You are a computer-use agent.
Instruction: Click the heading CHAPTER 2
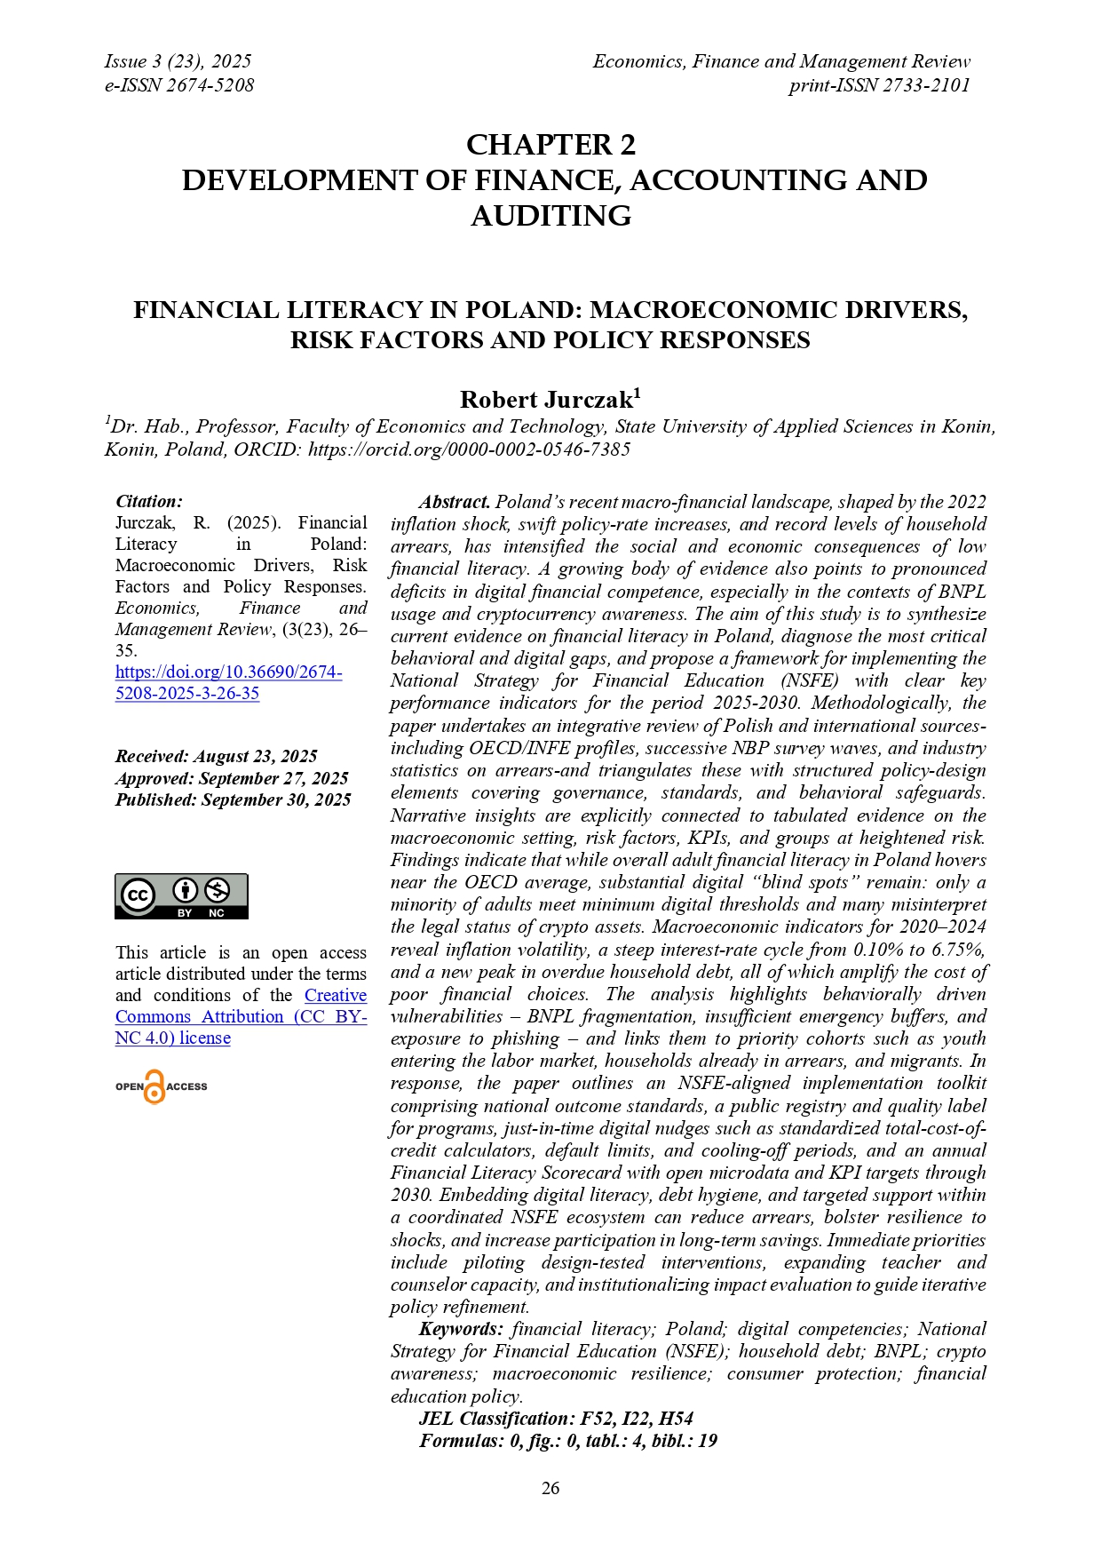(x=550, y=145)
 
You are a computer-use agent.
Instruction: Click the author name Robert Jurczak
(x=550, y=400)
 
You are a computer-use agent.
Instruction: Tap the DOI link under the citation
(x=228, y=683)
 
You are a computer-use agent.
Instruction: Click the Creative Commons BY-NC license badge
(x=181, y=896)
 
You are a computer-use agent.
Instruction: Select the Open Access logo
(x=161, y=1086)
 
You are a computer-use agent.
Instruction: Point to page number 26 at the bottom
(x=550, y=1488)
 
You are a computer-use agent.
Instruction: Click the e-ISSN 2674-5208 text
(x=179, y=85)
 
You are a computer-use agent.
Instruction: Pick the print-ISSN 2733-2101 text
(x=879, y=85)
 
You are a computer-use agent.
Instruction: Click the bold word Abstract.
(x=455, y=502)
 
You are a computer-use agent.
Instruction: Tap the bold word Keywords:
(x=461, y=1329)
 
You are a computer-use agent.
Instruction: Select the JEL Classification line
(x=556, y=1419)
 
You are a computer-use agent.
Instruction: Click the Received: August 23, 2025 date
(x=216, y=757)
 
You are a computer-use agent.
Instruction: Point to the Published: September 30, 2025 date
(x=233, y=799)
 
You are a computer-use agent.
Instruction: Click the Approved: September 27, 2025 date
(x=231, y=778)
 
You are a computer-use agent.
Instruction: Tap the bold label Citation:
(x=149, y=502)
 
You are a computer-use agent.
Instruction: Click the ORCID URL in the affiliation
(x=469, y=449)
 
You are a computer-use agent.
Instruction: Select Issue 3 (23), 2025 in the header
(x=178, y=61)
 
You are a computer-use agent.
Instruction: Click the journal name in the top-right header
(x=781, y=61)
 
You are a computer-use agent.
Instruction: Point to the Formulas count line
(x=568, y=1441)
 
